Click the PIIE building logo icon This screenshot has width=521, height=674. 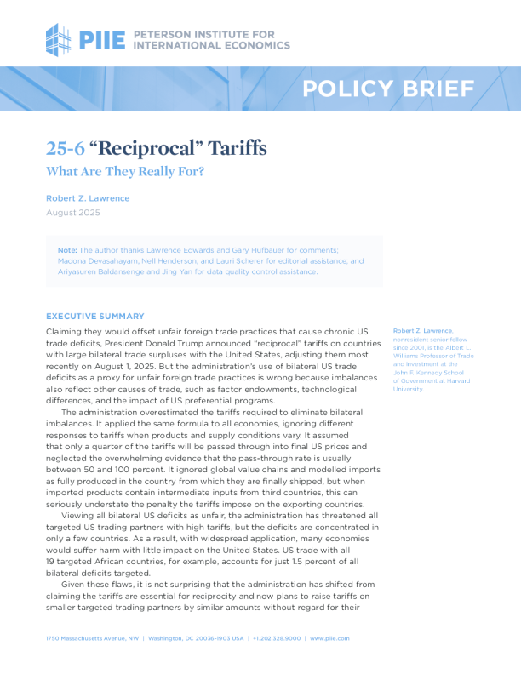59,39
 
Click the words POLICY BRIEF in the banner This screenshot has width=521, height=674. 388,89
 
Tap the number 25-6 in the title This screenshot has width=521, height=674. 65,149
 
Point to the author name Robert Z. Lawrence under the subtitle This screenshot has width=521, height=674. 88,197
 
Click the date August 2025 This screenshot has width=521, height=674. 72,212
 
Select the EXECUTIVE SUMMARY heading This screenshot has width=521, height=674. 95,316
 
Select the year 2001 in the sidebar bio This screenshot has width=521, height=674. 418,346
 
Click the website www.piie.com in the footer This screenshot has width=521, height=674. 329,638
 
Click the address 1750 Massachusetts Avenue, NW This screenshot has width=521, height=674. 94,638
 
